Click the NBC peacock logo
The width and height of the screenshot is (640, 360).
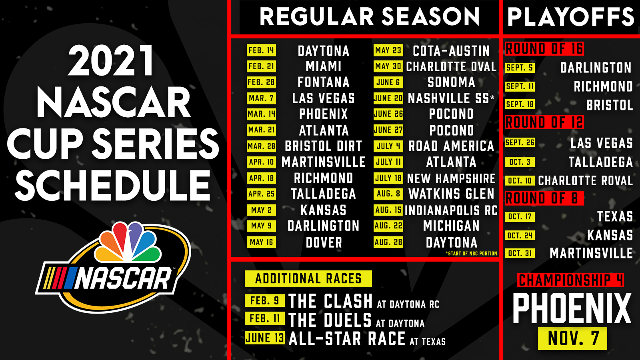128,242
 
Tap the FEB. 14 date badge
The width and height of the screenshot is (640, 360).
261,50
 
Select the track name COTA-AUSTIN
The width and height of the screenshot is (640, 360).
452,51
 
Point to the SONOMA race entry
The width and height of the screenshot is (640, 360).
452,82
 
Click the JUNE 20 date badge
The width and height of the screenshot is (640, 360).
388,98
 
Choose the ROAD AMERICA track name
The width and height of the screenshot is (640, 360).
451,146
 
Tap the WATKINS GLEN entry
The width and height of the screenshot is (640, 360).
451,194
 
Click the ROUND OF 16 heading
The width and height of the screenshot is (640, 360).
544,48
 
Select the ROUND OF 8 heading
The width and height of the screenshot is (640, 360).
544,198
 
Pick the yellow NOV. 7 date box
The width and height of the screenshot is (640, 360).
572,338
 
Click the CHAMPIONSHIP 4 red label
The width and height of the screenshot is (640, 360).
570,280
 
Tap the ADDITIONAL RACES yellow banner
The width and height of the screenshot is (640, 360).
308,278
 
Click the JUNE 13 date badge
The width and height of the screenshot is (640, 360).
264,338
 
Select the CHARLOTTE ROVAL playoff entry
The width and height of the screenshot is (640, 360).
586,180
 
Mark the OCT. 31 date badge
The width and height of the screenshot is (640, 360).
520,253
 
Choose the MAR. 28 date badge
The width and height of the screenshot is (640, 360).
261,146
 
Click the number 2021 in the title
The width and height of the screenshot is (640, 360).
112,60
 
